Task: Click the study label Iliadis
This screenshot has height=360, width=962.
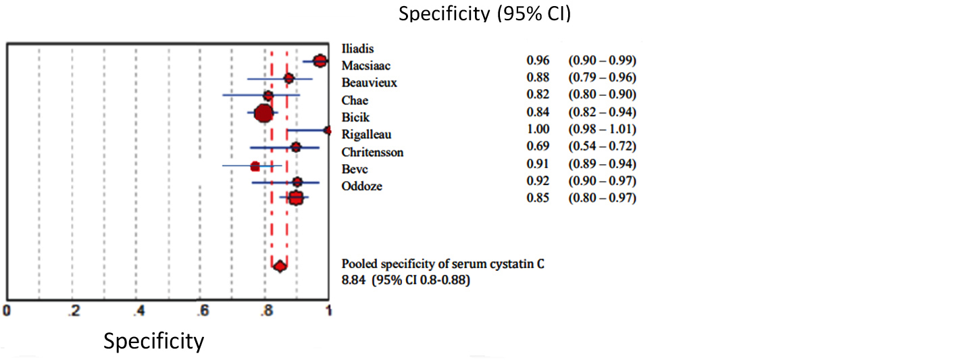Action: [x=358, y=48]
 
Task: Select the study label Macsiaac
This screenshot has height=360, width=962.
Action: [x=366, y=66]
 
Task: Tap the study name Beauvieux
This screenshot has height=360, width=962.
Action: [x=369, y=83]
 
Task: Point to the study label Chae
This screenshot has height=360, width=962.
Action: [x=355, y=101]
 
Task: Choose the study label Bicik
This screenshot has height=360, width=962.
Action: [x=355, y=118]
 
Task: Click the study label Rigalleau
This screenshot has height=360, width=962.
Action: [x=366, y=134]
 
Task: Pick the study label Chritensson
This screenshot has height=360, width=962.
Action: [x=372, y=152]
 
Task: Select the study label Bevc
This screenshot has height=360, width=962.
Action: [x=355, y=169]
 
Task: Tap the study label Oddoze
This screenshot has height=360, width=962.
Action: [x=361, y=186]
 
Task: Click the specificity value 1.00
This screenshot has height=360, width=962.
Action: [x=538, y=129]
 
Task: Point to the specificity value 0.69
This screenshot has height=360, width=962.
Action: [x=538, y=146]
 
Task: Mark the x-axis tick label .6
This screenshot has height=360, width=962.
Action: [x=201, y=311]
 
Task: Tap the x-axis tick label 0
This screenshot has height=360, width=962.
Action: [x=7, y=311]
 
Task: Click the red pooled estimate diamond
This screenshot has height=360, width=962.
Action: [x=279, y=267]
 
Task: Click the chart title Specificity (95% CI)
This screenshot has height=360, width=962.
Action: [x=484, y=13]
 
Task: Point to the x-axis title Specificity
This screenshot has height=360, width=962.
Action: [x=153, y=341]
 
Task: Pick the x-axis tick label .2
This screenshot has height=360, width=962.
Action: [x=73, y=311]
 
